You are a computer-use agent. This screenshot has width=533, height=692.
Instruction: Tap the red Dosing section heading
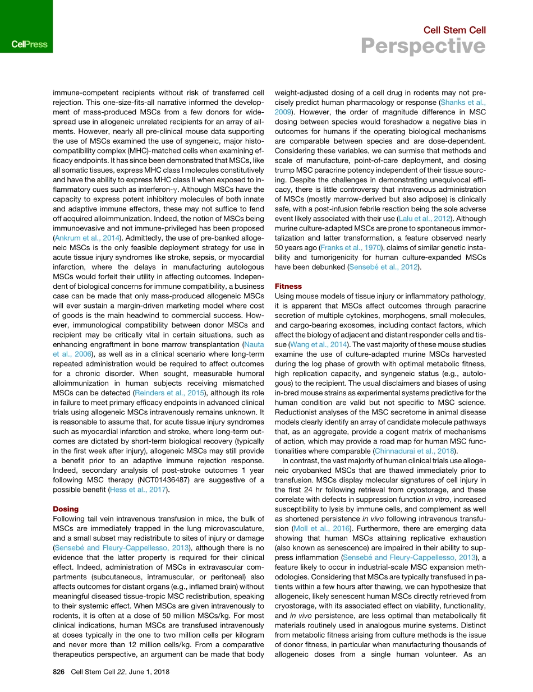point(66,509)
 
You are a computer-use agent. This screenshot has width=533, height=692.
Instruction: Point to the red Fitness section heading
point(288,286)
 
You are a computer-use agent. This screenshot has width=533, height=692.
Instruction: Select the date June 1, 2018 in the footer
point(144,672)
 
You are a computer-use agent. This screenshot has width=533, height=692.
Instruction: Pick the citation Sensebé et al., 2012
point(384,267)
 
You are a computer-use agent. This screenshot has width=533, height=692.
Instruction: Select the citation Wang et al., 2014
point(317,344)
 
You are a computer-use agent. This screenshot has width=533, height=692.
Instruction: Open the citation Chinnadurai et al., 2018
point(415,450)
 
